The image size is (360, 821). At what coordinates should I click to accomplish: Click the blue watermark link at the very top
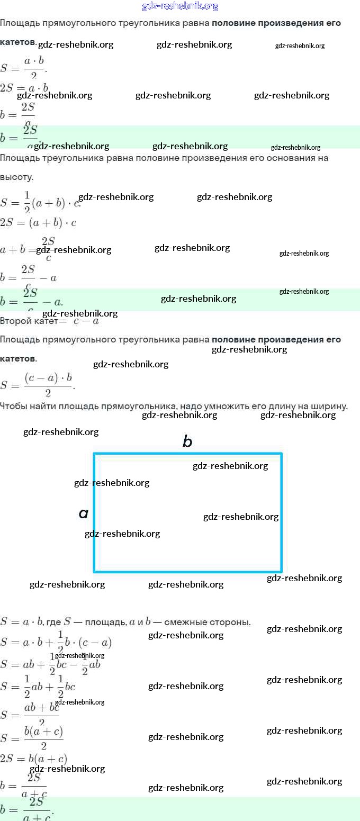[x=180, y=6]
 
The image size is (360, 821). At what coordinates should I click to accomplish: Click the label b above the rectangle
[x=187, y=441]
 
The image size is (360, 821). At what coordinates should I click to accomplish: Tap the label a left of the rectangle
[x=83, y=513]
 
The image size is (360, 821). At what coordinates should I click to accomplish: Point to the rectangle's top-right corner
[x=281, y=454]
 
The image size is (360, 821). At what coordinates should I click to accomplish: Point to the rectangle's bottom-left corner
[x=94, y=571]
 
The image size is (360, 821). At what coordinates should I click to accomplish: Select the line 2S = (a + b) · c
[x=38, y=223]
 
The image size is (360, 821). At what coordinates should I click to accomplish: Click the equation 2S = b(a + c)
[x=34, y=758]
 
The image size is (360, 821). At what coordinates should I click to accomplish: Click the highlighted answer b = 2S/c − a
[x=32, y=301]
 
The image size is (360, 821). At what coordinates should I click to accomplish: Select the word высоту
[x=16, y=177]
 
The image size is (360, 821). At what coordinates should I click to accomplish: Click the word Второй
[x=15, y=321]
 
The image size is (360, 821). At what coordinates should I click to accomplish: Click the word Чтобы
[x=13, y=406]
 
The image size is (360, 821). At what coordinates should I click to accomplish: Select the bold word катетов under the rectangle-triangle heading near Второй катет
[x=17, y=358]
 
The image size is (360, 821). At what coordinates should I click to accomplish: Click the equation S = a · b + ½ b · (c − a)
[x=56, y=642]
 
